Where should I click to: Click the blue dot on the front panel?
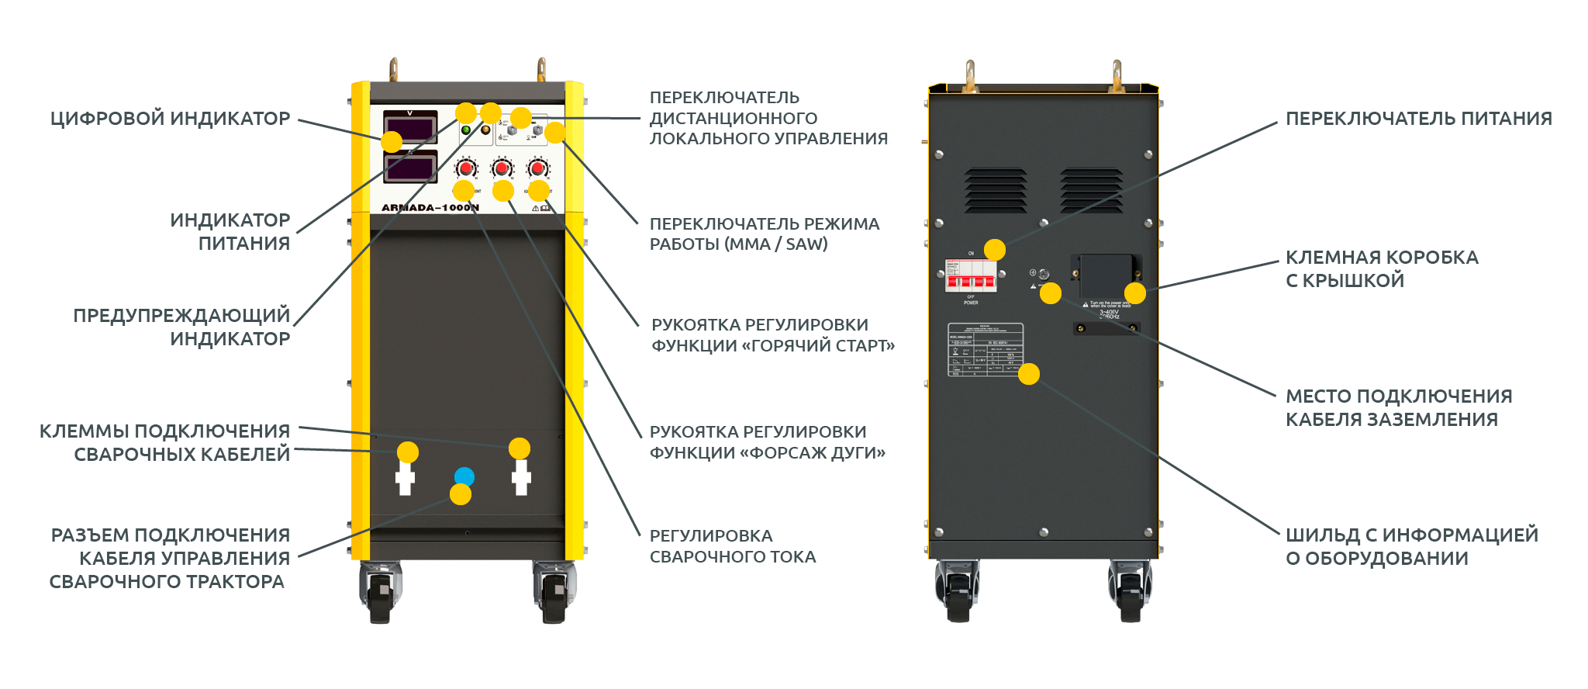464,476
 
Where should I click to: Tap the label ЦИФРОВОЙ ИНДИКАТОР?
170,119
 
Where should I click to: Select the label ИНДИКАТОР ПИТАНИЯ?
230,231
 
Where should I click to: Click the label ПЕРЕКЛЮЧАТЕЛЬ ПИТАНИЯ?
1418,119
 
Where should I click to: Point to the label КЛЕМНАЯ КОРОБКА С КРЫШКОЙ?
1381,268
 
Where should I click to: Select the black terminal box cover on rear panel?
1106,275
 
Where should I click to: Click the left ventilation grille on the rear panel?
996,190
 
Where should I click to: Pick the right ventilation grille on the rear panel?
1091,190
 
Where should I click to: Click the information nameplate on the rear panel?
986,350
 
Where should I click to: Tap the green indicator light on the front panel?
466,130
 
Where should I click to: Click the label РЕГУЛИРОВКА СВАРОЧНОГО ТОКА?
732,546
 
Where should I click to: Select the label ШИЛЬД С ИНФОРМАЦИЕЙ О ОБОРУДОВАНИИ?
1411,546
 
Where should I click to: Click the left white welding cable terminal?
405,478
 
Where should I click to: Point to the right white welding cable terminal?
521,478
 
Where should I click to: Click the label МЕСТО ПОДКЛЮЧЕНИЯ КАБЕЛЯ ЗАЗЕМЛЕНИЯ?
1398,407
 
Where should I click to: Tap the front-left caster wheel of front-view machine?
380,594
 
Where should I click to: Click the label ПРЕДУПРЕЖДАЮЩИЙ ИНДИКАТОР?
181,327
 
